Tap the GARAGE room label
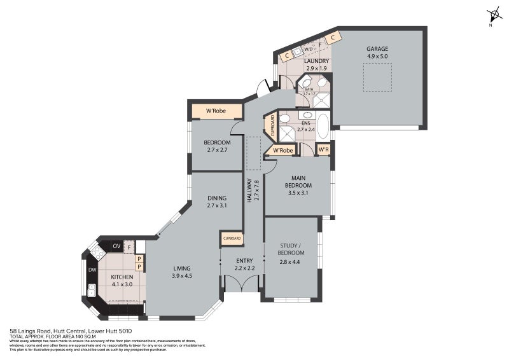(377, 52)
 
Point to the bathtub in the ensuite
(323, 125)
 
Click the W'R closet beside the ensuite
(323, 150)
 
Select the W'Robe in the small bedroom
(217, 111)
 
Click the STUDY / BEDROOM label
(292, 249)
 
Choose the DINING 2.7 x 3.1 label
(217, 202)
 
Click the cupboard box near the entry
(232, 239)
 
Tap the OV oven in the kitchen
(116, 246)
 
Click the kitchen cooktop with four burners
(97, 253)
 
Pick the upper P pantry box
(139, 259)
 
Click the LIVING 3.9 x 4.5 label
(182, 272)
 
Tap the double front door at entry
(242, 283)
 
